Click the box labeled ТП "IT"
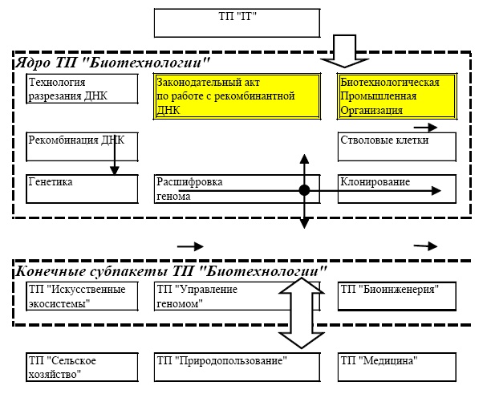232,22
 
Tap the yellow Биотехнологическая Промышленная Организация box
398,95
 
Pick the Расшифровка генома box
217,188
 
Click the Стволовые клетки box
398,146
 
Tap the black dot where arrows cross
304,190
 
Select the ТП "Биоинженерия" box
398,296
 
